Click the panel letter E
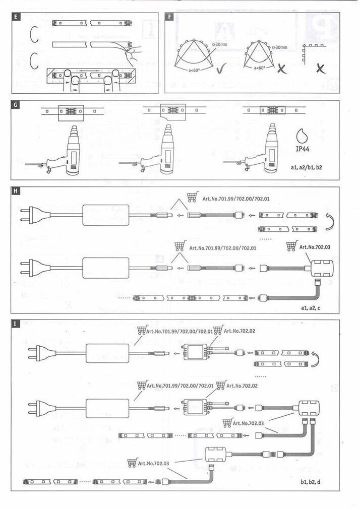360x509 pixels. [18, 18]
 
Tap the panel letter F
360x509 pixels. [170, 18]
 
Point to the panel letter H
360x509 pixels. [18, 192]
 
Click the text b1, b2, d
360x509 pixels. [312, 482]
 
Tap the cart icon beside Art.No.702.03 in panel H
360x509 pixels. [291, 246]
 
